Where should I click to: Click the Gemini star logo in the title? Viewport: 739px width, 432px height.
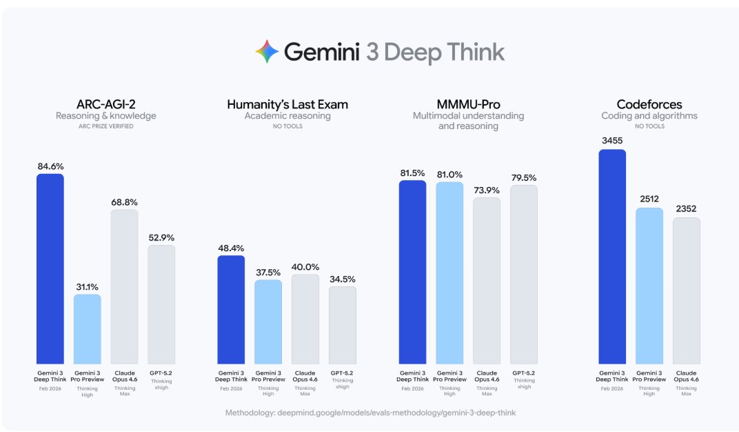pyautogui.click(x=267, y=52)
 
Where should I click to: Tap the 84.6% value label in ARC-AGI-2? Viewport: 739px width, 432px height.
pyautogui.click(x=50, y=166)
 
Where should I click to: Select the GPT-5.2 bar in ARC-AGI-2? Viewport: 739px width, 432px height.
pyautogui.click(x=161, y=304)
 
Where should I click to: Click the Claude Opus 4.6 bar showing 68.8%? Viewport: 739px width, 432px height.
pyautogui.click(x=124, y=286)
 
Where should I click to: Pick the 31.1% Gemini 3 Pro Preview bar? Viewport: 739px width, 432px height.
pyautogui.click(x=88, y=328)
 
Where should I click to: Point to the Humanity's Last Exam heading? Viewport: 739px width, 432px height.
pyautogui.click(x=287, y=105)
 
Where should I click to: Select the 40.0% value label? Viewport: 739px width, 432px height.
pyautogui.click(x=305, y=267)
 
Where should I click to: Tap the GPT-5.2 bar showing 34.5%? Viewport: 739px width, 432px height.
pyautogui.click(x=343, y=324)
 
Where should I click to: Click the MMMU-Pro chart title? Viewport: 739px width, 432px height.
pyautogui.click(x=468, y=105)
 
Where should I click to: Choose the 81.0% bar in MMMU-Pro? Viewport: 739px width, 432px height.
pyautogui.click(x=449, y=273)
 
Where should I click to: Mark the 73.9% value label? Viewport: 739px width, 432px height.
pyautogui.click(x=487, y=190)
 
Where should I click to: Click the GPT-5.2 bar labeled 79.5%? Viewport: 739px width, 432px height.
pyautogui.click(x=524, y=274)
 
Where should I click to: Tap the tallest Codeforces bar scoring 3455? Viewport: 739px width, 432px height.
pyautogui.click(x=612, y=256)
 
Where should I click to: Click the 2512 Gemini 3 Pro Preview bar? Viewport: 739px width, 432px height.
pyautogui.click(x=649, y=285)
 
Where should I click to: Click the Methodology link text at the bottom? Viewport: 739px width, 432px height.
pyautogui.click(x=370, y=413)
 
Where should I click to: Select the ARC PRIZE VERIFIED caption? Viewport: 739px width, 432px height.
pyautogui.click(x=105, y=126)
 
